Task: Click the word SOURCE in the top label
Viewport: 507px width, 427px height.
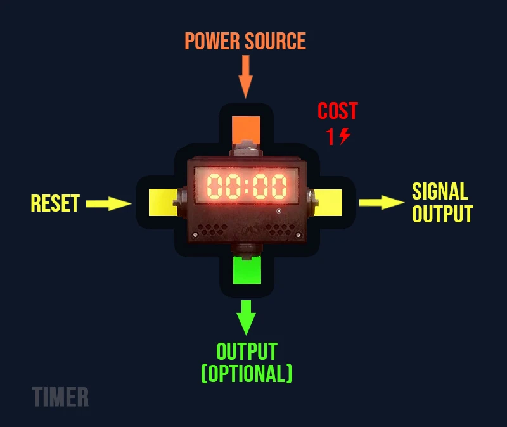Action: pos(276,42)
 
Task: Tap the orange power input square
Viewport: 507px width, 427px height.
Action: pos(246,129)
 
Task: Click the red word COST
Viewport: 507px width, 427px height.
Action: pos(337,112)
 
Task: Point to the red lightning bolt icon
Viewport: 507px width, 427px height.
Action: pos(344,136)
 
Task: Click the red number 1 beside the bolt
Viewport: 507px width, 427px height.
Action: pos(330,137)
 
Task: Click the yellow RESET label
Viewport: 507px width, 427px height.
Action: pos(55,203)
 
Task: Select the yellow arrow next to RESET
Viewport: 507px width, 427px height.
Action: pos(108,203)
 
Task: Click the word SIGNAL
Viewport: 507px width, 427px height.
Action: pos(440,191)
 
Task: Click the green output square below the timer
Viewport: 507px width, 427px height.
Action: pos(247,271)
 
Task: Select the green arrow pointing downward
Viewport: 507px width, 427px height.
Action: pos(246,316)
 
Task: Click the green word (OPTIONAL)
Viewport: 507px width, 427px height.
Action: pos(247,374)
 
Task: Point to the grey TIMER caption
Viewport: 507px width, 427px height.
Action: pos(60,397)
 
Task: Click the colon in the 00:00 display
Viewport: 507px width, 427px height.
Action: pos(247,186)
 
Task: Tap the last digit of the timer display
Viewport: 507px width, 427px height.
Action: pos(277,186)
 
